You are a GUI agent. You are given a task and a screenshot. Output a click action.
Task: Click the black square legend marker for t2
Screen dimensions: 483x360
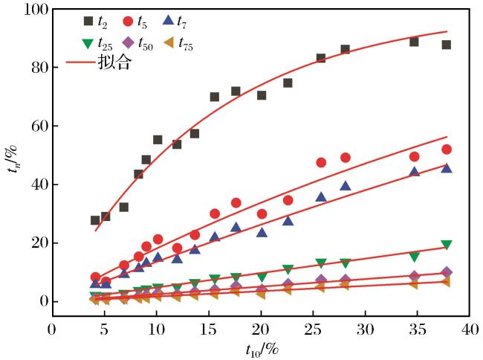[88, 22]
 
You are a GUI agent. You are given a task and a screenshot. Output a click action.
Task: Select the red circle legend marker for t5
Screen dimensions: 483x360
[128, 22]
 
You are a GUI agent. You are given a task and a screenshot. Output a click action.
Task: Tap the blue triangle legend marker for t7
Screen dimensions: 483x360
[169, 20]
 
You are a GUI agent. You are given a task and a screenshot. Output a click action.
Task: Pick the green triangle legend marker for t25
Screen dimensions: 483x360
[88, 44]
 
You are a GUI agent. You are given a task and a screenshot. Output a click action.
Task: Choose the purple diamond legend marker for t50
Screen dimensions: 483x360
[128, 43]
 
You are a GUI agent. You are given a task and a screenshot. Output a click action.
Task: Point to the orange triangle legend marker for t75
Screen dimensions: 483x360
[169, 43]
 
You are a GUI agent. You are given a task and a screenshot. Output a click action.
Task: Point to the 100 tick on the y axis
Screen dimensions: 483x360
[37, 10]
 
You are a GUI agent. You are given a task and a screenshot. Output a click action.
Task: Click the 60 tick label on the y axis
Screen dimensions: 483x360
[40, 126]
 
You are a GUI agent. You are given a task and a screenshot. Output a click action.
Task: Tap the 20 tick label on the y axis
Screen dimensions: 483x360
[40, 243]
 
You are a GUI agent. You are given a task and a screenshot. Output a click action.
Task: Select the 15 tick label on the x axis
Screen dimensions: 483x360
[208, 330]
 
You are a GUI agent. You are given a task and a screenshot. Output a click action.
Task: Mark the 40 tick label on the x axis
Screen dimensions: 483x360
[470, 330]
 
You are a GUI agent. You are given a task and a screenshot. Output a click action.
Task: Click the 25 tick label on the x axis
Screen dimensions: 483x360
[313, 330]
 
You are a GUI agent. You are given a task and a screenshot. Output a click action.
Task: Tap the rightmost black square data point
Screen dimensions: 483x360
[447, 45]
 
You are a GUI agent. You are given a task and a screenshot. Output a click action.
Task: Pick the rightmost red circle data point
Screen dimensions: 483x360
[447, 150]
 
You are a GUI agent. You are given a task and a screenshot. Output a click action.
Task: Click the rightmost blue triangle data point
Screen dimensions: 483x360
[447, 168]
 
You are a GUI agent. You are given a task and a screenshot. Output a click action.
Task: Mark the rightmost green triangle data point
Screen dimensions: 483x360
[447, 245]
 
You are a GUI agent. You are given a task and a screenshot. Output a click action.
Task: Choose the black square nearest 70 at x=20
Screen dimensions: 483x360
[262, 95]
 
